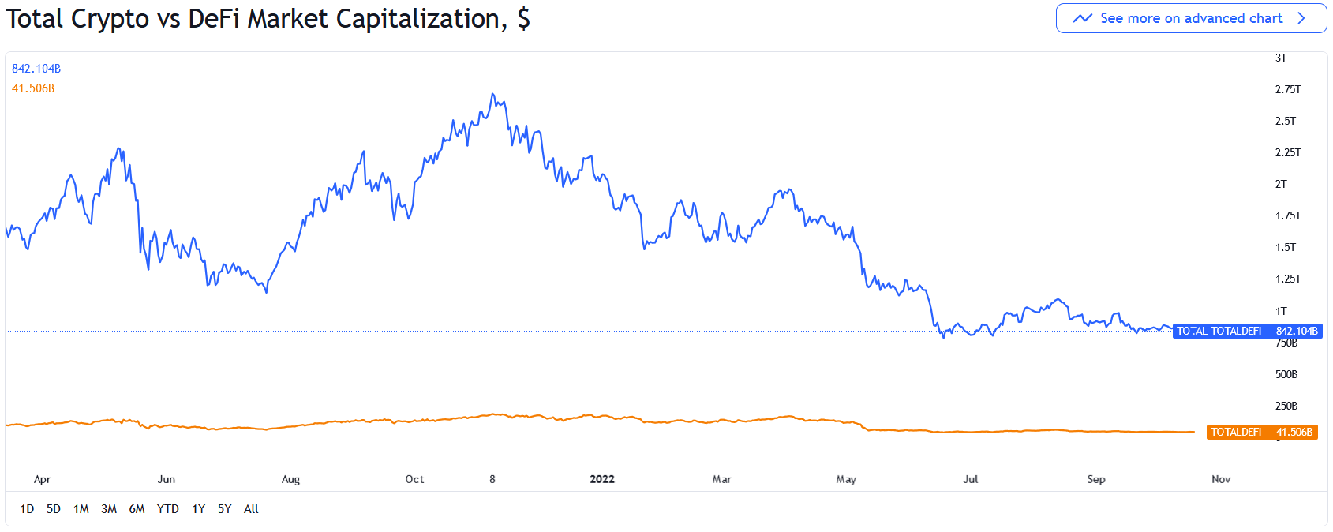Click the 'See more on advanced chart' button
[1191, 18]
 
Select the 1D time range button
[27, 509]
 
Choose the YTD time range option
[167, 509]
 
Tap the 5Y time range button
[225, 509]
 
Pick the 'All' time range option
[251, 509]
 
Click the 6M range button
[137, 509]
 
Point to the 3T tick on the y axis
[1281, 58]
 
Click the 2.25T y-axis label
[1287, 152]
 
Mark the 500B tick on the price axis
[1286, 374]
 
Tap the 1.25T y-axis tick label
[1287, 279]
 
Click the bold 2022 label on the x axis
[602, 479]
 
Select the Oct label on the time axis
[414, 479]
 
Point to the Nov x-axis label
[1221, 479]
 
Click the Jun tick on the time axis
[167, 479]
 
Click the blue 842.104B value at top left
[36, 69]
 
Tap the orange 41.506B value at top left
[33, 88]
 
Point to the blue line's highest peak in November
[493, 94]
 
